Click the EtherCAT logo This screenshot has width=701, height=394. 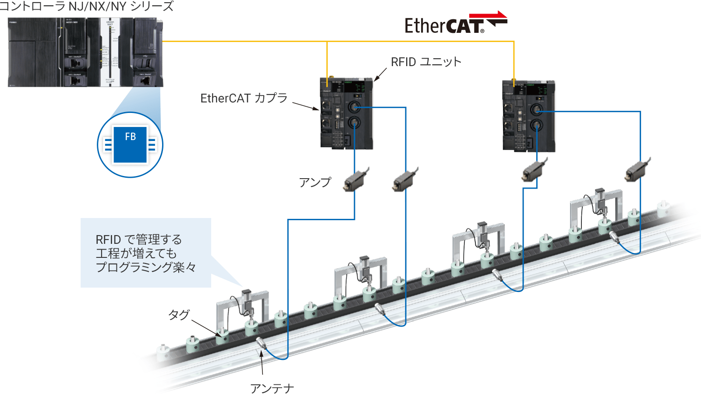point(456,24)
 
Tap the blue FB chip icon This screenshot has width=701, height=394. point(130,144)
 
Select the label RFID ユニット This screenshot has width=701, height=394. point(426,62)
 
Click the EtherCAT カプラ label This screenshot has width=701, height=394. point(244,98)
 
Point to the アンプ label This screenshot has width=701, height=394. point(315,182)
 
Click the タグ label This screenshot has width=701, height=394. point(179,314)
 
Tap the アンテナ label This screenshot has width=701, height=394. point(272,388)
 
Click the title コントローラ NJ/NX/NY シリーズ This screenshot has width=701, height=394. point(87,7)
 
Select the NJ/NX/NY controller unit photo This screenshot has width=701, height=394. point(85,52)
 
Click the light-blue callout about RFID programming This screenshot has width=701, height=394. point(145,253)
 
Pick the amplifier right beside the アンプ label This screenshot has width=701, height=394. point(356,179)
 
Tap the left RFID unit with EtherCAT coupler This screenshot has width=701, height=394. point(346,113)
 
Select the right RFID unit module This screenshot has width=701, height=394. point(528,116)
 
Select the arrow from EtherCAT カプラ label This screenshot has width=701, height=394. point(305,106)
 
